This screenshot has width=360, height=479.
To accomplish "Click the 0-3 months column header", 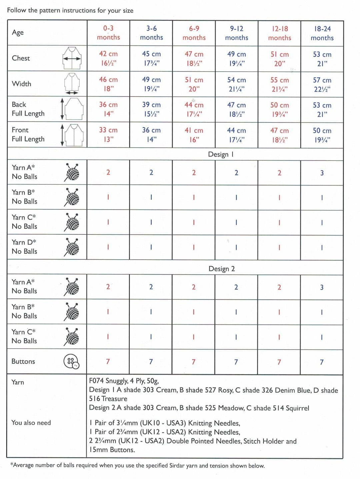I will click(108, 33).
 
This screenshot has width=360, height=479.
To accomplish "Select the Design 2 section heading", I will click(222, 269).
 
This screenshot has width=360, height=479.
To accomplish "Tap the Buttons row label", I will click(23, 361).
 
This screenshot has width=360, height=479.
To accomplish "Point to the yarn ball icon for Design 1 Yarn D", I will click(72, 247).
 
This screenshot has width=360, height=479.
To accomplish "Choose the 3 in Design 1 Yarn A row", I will click(322, 173).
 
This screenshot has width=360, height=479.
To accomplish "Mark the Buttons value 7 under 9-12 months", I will click(236, 362).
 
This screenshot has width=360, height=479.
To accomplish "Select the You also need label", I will click(31, 423).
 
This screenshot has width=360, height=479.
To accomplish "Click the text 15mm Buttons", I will click(112, 450).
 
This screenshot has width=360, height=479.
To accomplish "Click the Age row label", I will click(18, 32).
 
